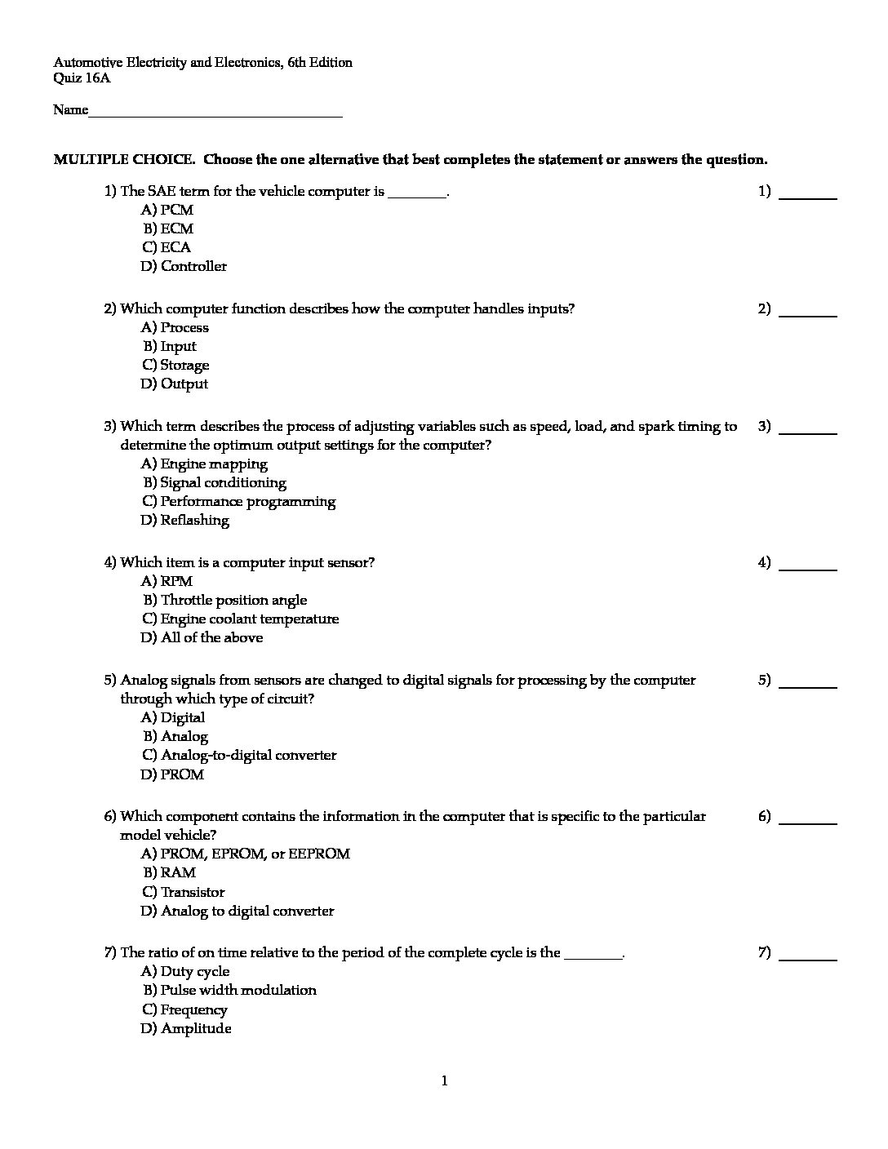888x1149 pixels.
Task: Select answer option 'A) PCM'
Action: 167,210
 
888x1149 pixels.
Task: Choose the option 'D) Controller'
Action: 184,266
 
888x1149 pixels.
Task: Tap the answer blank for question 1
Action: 808,196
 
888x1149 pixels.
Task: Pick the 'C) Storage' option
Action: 175,365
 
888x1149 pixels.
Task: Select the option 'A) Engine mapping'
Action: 204,464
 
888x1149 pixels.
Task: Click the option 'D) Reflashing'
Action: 184,520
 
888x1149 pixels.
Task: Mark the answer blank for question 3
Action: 808,431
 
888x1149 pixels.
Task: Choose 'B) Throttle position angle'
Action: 225,600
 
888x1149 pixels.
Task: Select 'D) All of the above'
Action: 202,637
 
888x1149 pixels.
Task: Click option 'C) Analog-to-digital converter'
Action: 239,755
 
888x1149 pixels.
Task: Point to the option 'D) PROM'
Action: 172,774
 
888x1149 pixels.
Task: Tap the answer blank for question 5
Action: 808,685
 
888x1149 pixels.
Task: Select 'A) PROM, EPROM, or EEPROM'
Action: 245,854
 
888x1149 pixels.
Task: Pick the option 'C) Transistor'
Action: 183,892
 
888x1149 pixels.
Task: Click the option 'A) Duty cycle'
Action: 185,971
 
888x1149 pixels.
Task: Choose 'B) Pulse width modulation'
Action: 230,990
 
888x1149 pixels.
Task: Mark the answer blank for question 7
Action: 808,957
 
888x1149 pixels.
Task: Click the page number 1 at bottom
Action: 444,1081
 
